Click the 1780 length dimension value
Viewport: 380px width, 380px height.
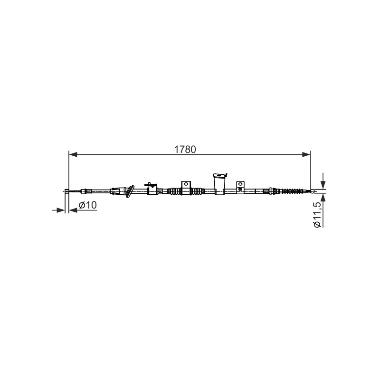point(185,150)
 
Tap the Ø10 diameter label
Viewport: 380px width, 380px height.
point(87,205)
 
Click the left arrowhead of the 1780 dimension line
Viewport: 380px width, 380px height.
point(73,154)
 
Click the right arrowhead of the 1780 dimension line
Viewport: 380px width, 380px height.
point(306,154)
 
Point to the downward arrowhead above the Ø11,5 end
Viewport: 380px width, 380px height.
point(323,184)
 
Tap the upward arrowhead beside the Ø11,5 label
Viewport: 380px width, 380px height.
point(323,198)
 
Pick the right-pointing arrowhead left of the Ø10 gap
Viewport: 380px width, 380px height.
point(61,210)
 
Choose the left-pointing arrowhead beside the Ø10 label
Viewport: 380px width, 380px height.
point(73,210)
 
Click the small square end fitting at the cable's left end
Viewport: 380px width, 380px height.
point(66,191)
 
